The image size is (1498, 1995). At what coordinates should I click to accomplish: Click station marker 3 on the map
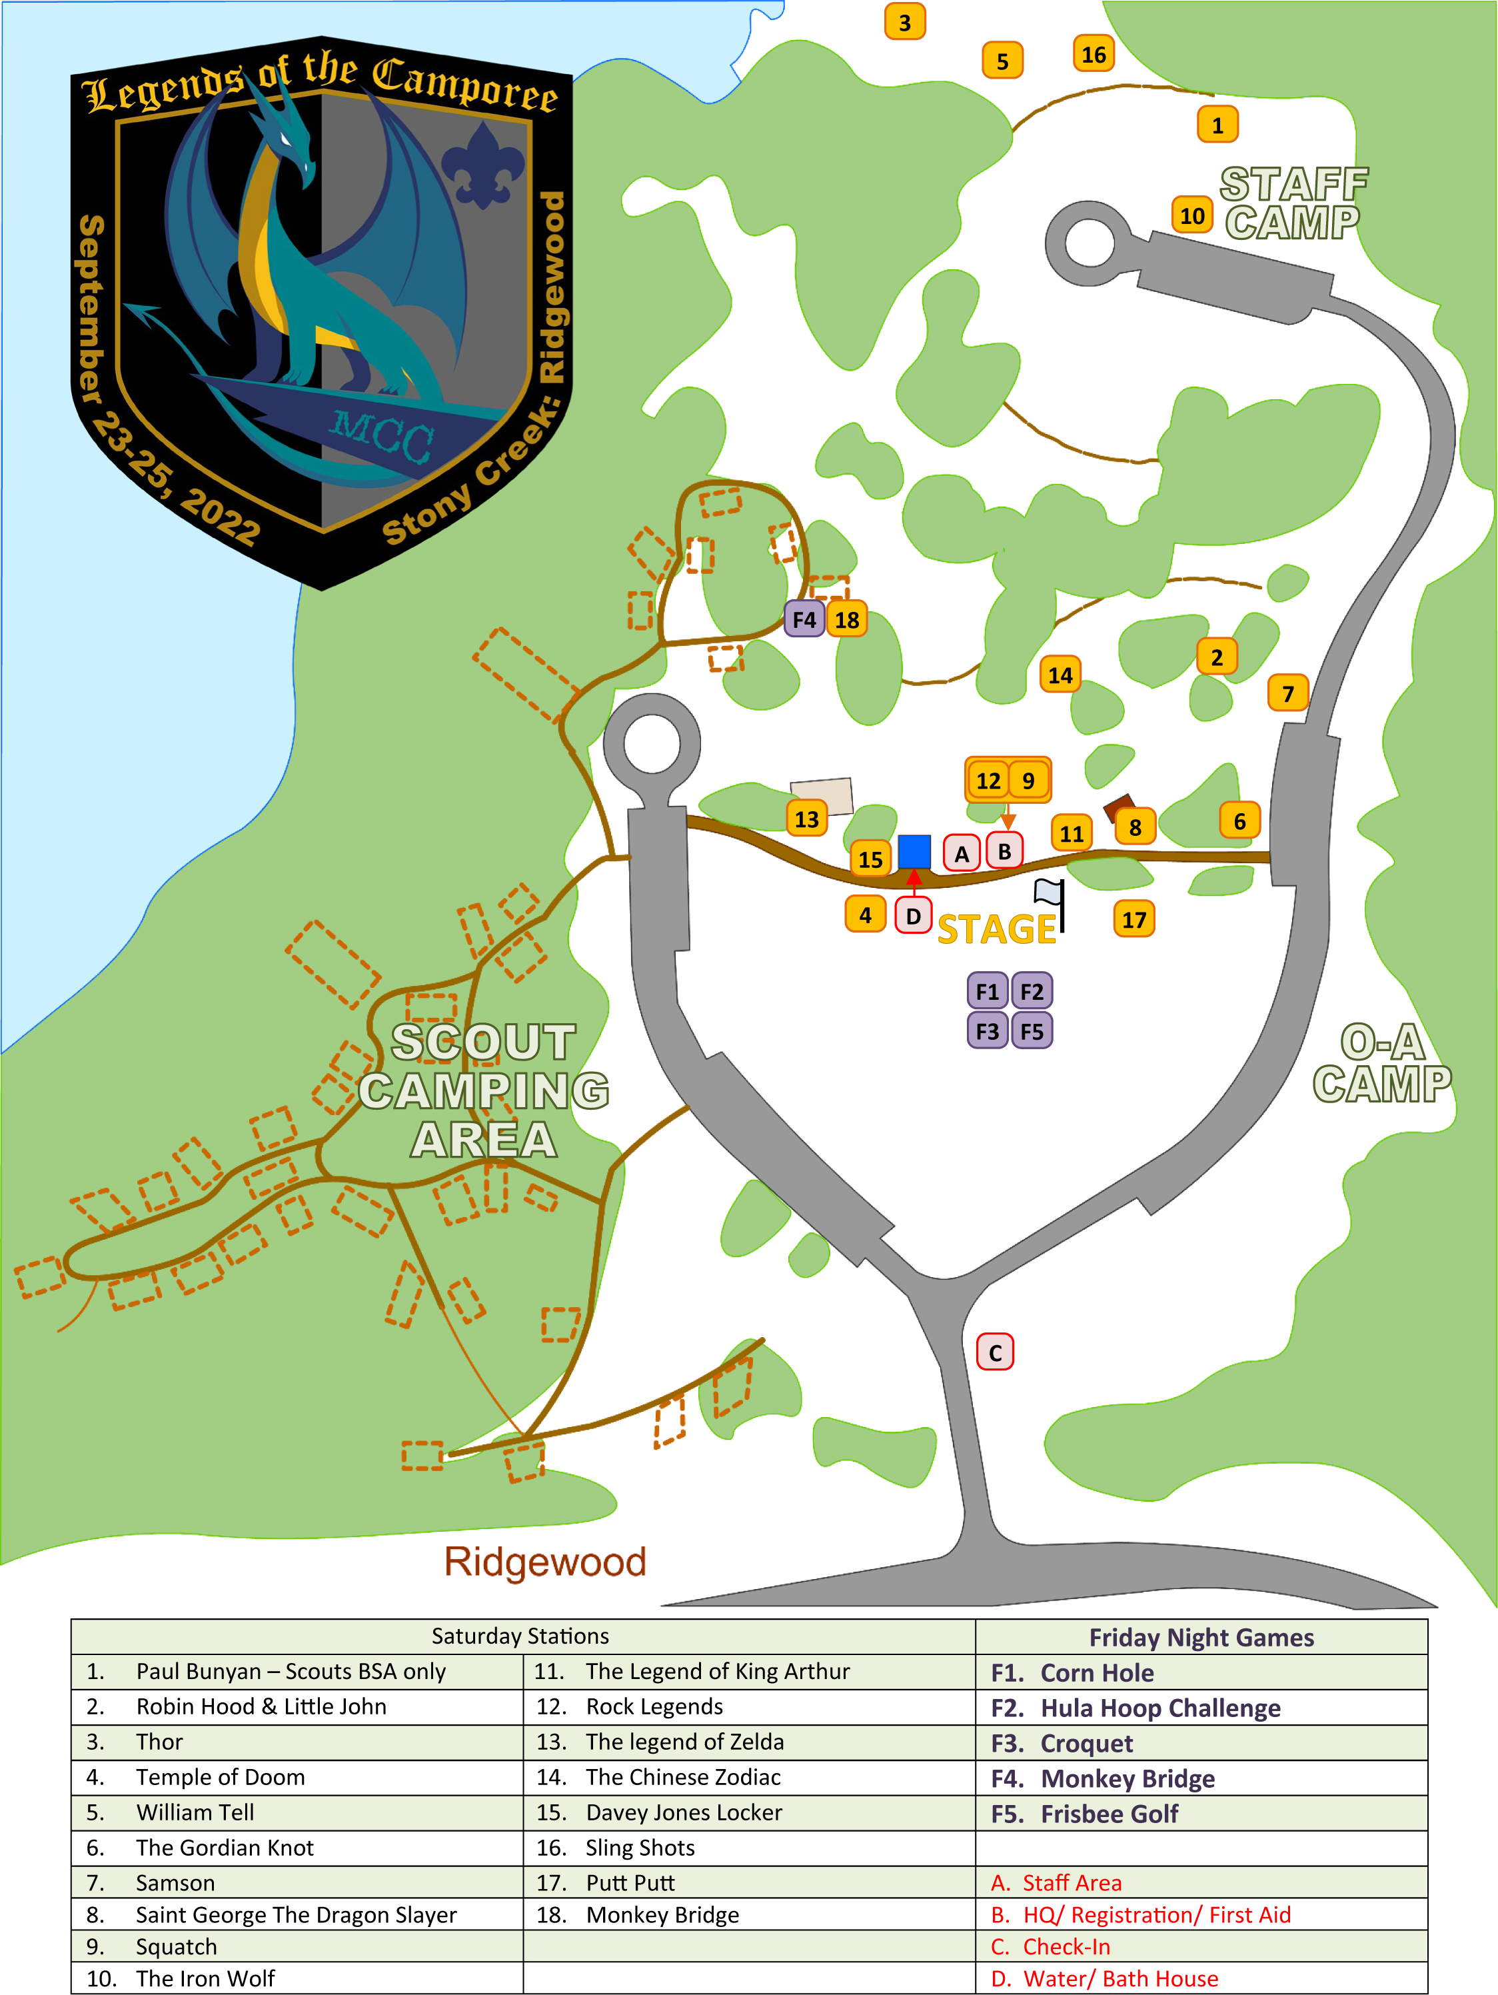tap(904, 23)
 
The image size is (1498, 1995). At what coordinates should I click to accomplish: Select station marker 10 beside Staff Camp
tap(1191, 215)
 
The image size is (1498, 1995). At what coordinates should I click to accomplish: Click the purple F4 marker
tap(804, 620)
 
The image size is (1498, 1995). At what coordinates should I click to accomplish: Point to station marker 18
tap(847, 620)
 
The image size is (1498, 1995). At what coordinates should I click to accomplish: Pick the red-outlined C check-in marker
tap(995, 1352)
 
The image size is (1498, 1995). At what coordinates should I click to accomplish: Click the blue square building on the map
tap(914, 851)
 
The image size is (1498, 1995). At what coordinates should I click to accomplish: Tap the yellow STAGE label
tap(997, 930)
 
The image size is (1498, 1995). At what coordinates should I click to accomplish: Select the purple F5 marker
tap(1032, 1031)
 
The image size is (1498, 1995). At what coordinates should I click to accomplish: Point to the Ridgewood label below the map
tap(546, 1562)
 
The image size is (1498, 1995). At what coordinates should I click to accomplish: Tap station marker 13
tap(806, 819)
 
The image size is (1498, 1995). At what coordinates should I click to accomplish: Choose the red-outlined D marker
tap(913, 915)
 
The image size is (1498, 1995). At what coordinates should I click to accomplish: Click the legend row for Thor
tap(298, 1742)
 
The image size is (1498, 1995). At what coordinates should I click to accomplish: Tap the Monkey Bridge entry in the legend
tap(1127, 1778)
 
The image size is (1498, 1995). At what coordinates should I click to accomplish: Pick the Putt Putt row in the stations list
tap(748, 1882)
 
